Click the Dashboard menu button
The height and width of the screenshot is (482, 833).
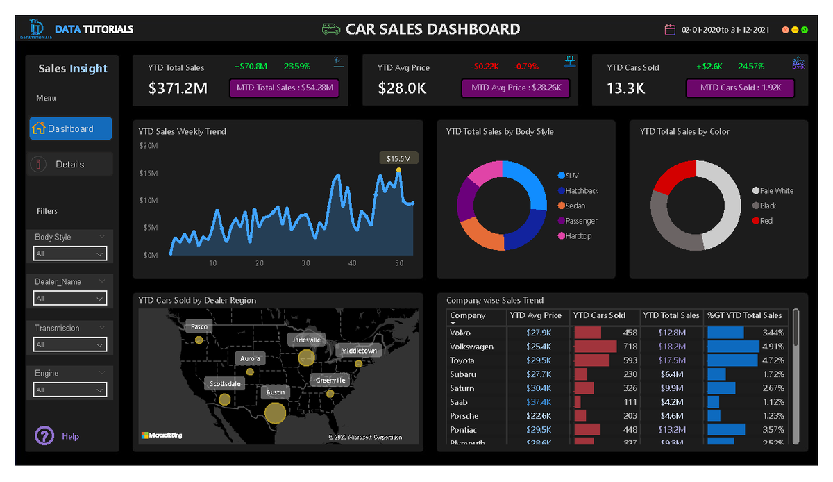pos(70,128)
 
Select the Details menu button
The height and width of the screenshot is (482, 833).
pos(70,165)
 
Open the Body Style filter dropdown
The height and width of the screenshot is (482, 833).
pos(70,254)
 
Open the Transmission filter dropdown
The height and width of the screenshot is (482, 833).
pos(70,344)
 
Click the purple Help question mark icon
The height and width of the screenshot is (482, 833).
pos(44,436)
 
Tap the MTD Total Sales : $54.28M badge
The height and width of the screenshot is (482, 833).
pos(283,88)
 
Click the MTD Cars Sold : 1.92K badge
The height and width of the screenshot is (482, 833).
pos(740,88)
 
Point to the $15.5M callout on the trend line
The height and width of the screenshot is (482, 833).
pos(399,159)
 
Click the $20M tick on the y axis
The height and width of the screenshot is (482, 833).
pos(149,146)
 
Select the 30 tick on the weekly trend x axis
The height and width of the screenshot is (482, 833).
pos(305,263)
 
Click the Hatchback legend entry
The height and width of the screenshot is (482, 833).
pos(581,191)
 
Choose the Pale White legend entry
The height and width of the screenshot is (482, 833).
pos(776,191)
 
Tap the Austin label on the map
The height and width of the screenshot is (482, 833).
pos(275,392)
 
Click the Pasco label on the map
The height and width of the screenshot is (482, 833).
pos(199,326)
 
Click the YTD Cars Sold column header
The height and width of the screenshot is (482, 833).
pos(599,315)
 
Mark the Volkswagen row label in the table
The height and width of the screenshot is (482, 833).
pos(471,347)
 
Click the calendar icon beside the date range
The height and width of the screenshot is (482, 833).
pos(670,30)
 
